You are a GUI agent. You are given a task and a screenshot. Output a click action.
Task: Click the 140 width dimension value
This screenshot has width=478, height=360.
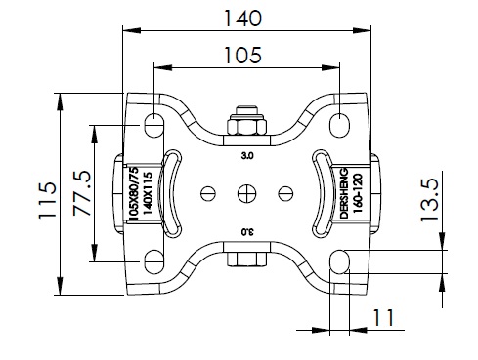242,19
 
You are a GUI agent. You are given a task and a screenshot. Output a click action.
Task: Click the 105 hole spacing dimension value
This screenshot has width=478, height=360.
242,55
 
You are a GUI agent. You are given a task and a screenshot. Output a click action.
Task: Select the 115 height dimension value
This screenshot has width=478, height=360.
48,200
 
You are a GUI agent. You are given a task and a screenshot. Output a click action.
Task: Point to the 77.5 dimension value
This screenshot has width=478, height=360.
81,193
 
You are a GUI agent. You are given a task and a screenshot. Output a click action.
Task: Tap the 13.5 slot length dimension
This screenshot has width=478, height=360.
429,201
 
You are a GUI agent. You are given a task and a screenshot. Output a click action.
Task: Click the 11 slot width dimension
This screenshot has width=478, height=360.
383,318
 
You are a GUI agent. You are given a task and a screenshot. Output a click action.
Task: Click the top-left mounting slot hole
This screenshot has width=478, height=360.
153,125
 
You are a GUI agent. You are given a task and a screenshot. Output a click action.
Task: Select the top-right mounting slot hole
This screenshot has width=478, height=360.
339,125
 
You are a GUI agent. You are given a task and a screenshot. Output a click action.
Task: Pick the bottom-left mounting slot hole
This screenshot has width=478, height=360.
153,262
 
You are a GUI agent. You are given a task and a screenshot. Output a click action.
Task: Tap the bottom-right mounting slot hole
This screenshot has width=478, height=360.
339,261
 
